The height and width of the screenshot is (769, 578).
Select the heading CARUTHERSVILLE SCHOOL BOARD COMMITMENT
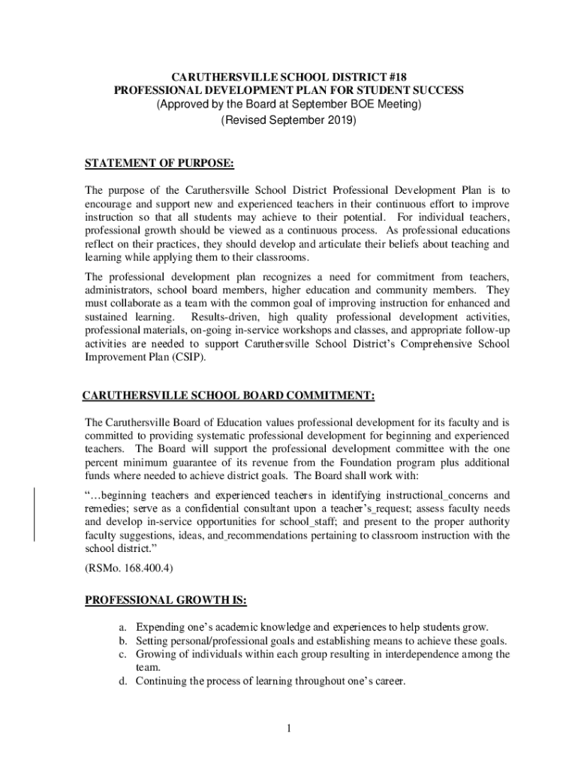(x=228, y=396)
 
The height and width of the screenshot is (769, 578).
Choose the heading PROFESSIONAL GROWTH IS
(x=166, y=600)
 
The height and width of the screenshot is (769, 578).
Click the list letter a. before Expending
(x=123, y=627)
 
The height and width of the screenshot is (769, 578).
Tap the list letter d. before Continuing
(x=123, y=681)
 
